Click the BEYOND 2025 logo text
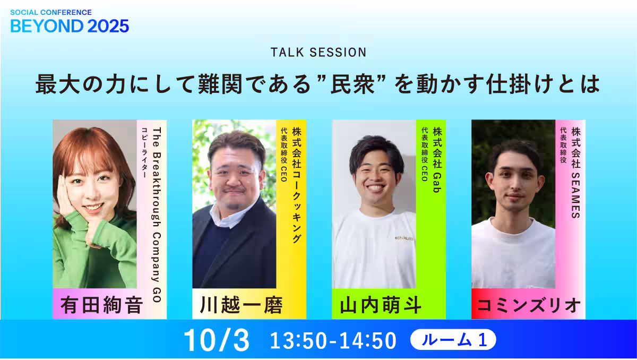[70, 26]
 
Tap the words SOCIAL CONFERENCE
[51, 13]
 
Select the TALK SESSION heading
[318, 53]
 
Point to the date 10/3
[217, 340]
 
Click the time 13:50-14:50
[333, 340]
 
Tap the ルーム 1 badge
[453, 339]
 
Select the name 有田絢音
[101, 305]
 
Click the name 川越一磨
[241, 305]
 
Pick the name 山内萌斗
[381, 305]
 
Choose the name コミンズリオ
[528, 305]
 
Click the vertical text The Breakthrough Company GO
[157, 215]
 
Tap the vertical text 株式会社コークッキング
[297, 185]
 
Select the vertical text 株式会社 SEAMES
[576, 173]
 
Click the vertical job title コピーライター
[144, 152]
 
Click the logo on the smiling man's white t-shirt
[404, 238]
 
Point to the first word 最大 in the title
[57, 84]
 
